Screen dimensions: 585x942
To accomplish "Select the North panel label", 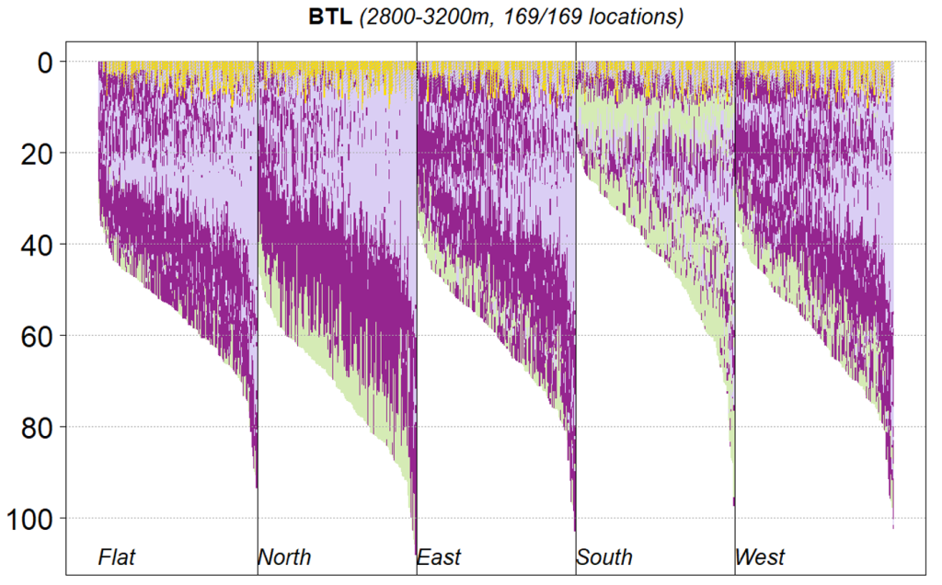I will click(284, 556).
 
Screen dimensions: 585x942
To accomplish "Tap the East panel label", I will click(439, 556).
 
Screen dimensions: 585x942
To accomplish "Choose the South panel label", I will click(604, 556).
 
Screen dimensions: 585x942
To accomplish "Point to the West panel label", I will click(760, 556).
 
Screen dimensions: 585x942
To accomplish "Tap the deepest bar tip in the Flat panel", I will click(256, 486).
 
